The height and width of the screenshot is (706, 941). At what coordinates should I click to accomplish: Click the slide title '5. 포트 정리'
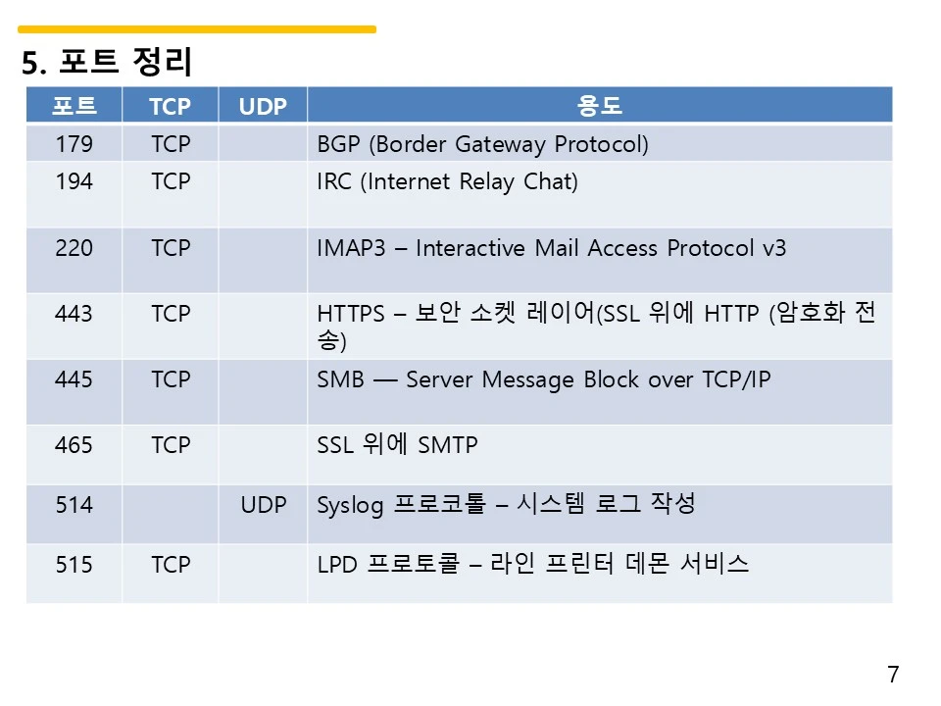coord(107,64)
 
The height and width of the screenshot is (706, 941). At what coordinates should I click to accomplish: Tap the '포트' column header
coord(74,106)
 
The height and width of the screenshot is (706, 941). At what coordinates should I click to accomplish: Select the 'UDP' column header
coord(263,106)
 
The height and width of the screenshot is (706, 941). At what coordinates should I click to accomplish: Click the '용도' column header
coord(600,106)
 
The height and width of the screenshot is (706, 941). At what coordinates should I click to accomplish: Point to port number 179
coord(74,144)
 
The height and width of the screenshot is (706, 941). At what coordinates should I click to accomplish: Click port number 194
coord(74,181)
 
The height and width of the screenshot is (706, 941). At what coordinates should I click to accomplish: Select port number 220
coord(74,247)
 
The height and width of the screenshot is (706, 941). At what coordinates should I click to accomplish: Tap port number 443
coord(74,314)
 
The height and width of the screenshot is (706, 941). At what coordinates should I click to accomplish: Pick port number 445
coord(74,378)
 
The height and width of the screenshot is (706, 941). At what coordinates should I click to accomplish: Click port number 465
coord(74,445)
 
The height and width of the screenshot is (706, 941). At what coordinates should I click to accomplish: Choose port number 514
coord(74,505)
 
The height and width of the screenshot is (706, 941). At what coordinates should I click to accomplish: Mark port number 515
coord(74,564)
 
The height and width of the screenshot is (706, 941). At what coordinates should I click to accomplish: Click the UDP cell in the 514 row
coord(263,505)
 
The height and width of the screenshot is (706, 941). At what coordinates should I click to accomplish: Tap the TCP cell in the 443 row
coord(171,314)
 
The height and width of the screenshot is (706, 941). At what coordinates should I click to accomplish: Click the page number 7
coord(893,675)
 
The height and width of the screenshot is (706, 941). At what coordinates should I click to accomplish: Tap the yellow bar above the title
coord(196,29)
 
